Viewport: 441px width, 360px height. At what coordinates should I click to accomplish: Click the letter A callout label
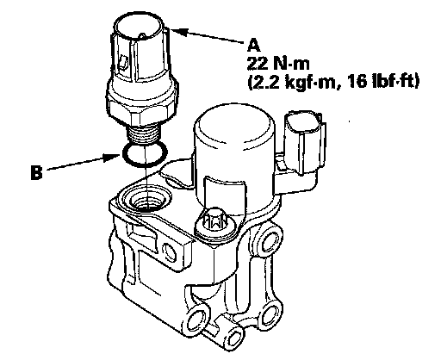[254, 46]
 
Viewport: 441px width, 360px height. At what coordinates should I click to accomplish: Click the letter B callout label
[36, 173]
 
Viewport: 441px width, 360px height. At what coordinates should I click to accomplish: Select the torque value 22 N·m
[278, 64]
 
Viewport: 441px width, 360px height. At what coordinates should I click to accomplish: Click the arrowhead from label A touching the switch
[178, 32]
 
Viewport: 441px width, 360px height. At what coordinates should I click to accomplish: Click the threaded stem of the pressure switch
[144, 134]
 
